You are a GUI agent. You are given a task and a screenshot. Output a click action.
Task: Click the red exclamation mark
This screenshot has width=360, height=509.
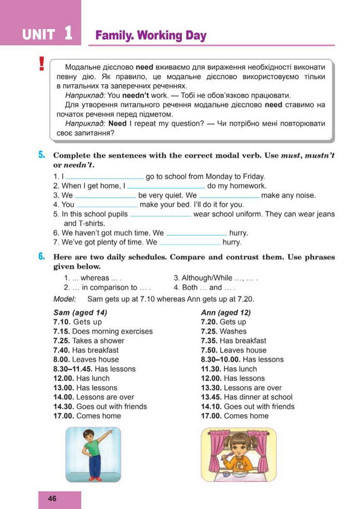coord(41,64)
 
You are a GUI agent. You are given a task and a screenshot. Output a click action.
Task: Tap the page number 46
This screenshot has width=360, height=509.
coord(52,499)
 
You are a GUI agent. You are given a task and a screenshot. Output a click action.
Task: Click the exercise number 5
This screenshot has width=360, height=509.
coord(42,155)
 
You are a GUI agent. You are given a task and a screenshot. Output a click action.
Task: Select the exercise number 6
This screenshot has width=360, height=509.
coord(42,257)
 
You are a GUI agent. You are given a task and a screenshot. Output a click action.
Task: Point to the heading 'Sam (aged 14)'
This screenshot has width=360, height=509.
coord(80,313)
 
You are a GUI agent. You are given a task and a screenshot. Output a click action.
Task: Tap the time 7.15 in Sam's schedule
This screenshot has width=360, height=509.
coord(61,331)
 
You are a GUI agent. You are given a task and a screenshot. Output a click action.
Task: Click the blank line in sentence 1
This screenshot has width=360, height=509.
coord(105,177)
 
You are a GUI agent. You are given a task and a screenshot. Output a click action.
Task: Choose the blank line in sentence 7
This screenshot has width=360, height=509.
coord(190,242)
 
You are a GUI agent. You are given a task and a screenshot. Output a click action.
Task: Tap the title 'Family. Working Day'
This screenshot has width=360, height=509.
coord(151,36)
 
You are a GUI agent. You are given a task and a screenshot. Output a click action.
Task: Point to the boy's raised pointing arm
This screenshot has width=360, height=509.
coord(104,435)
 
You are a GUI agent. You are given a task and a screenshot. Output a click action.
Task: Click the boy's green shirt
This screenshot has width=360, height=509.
coord(92,446)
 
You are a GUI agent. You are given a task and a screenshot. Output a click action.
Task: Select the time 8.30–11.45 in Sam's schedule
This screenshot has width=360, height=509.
coord(73,369)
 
